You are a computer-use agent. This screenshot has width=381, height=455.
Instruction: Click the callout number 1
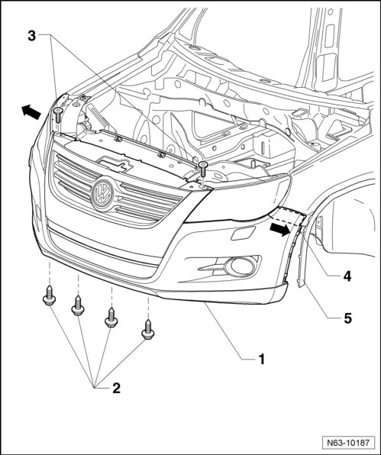click(262, 360)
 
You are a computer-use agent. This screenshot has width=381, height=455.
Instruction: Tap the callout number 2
click(116, 388)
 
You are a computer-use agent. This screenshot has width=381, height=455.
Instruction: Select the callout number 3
click(31, 37)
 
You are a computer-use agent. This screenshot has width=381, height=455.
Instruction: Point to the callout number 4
click(347, 276)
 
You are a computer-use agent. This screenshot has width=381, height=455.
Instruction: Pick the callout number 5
click(347, 318)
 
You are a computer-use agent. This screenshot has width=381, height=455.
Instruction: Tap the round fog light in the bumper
click(241, 266)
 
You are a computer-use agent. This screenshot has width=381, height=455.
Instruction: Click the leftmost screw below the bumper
click(49, 295)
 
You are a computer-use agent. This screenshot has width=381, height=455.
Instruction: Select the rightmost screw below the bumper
click(148, 329)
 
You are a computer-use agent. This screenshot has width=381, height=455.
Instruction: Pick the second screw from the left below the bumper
click(78, 305)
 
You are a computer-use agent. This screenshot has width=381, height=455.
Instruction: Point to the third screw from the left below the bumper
click(111, 318)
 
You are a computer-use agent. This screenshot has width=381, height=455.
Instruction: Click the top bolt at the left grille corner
click(58, 115)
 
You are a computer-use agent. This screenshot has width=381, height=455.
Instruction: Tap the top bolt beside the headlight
click(203, 169)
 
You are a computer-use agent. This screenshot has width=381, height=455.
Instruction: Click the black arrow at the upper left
click(31, 112)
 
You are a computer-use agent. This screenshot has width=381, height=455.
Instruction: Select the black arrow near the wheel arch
click(280, 229)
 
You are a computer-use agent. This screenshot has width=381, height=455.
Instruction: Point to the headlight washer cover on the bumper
click(243, 233)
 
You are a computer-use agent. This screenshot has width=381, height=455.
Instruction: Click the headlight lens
click(238, 198)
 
